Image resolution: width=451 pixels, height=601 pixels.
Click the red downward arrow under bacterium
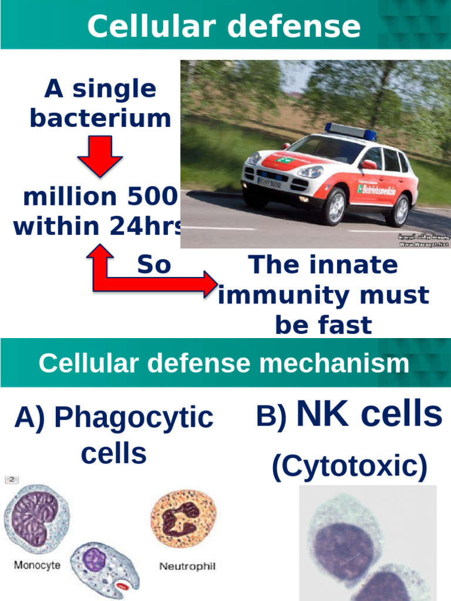pyautogui.click(x=100, y=156)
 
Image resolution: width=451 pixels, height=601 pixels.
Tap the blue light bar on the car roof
pyautogui.click(x=350, y=131)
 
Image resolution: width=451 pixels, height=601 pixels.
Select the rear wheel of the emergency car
pyautogui.click(x=400, y=210)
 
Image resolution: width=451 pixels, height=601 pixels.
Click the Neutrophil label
pyautogui.click(x=188, y=566)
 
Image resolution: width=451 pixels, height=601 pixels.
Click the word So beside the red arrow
pyautogui.click(x=154, y=265)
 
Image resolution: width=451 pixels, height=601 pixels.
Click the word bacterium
pyautogui.click(x=100, y=118)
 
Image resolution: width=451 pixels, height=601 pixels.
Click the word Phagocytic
pyautogui.click(x=133, y=418)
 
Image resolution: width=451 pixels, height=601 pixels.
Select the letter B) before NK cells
pyautogui.click(x=271, y=417)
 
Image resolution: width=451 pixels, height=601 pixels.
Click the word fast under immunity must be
pyautogui.click(x=323, y=325)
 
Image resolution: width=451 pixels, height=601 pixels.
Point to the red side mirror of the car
pyautogui.click(x=368, y=164)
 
